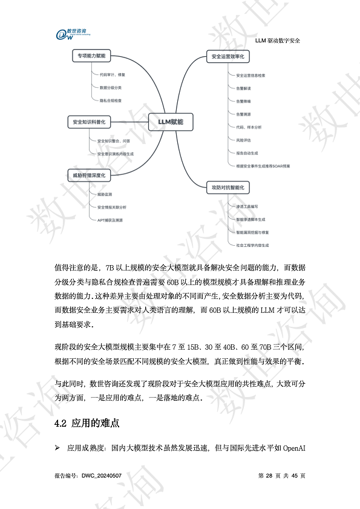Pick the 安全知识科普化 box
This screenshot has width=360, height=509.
(x=88, y=122)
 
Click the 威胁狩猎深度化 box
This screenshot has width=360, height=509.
(x=89, y=176)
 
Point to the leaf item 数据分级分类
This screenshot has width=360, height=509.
(x=111, y=88)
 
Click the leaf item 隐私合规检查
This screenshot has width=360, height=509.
(x=111, y=100)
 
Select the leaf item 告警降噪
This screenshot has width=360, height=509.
(x=244, y=101)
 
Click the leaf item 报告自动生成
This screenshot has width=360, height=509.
(x=248, y=153)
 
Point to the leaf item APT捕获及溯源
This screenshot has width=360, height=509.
(x=110, y=220)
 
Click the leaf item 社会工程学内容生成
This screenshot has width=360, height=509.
(x=252, y=245)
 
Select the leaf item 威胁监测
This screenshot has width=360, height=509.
(x=104, y=194)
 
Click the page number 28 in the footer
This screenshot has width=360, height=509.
(x=269, y=476)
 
